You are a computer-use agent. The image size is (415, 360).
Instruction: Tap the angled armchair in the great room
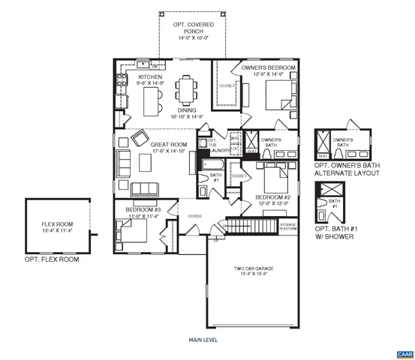pos(140,138)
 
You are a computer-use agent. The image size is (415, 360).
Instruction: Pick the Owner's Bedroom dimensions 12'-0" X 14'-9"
pos(269,75)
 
